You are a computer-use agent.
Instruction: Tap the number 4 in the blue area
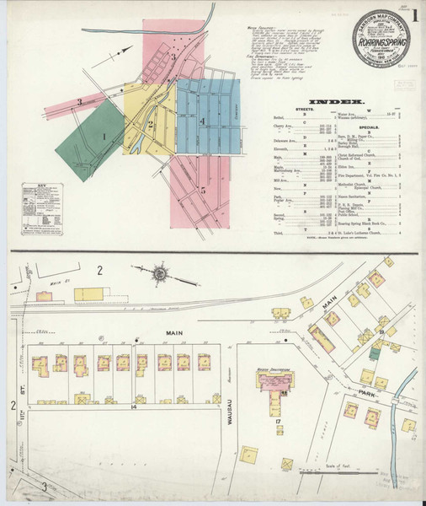(x=203, y=121)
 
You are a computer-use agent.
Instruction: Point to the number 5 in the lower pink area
(x=203, y=190)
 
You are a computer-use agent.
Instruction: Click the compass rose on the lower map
(x=158, y=276)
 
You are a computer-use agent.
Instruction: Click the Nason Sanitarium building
(x=274, y=385)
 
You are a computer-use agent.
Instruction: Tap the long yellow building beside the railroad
(x=90, y=294)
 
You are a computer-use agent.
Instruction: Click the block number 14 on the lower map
(x=133, y=406)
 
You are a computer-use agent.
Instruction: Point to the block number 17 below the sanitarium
(x=276, y=420)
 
